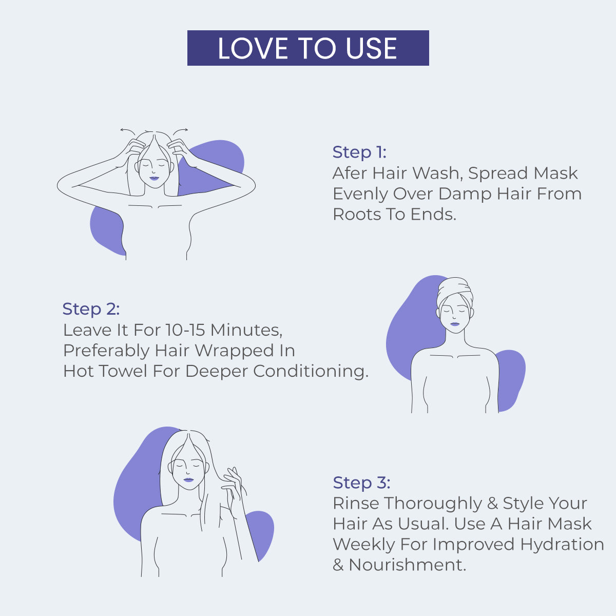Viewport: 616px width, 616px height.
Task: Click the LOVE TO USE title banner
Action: click(308, 48)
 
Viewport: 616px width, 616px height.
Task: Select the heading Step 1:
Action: click(359, 152)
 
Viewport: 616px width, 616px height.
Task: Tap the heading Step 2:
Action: click(91, 309)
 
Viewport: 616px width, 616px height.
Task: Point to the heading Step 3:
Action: click(361, 483)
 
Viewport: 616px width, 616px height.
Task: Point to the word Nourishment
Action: click(407, 565)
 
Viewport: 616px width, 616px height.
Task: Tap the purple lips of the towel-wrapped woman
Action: click(455, 324)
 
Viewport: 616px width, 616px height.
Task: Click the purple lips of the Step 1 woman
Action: click(154, 179)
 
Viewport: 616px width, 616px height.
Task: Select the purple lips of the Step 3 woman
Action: click(188, 479)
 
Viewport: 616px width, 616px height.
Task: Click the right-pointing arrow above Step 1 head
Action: click(183, 130)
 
